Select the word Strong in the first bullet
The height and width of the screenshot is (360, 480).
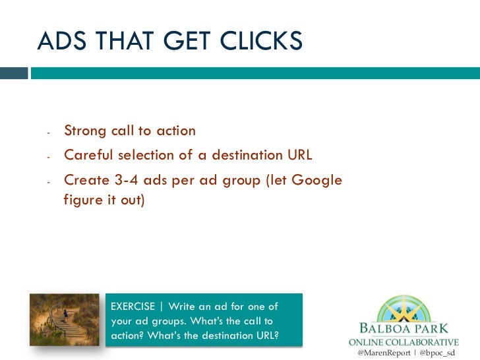pos(84,131)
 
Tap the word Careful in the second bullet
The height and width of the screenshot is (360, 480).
pos(88,155)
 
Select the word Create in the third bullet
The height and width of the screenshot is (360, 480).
pos(86,179)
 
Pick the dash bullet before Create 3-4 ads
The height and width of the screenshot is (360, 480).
pos(49,181)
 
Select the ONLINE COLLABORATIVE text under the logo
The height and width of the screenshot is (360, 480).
pos(403,342)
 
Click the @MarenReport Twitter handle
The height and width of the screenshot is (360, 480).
pos(382,353)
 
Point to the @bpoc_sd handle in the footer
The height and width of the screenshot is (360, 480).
pos(437,353)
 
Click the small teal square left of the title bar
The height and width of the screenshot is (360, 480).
pos(15,73)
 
